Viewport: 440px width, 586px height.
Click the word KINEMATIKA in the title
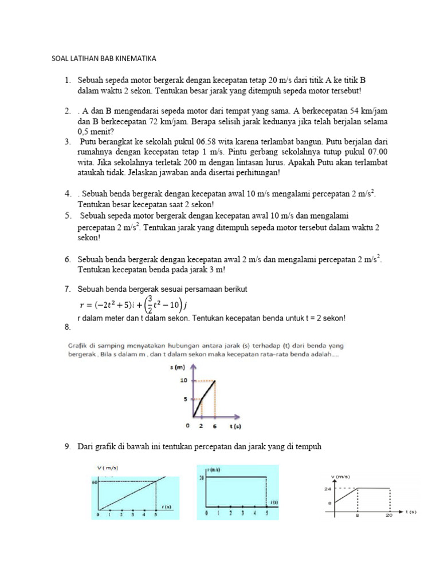(133, 58)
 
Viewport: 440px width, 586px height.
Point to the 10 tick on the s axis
(183, 380)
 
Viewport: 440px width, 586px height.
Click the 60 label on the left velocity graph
(95, 482)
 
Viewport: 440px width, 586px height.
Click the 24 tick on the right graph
(328, 489)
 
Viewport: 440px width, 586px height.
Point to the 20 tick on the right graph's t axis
(388, 516)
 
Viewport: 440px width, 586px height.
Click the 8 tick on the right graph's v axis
(329, 503)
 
